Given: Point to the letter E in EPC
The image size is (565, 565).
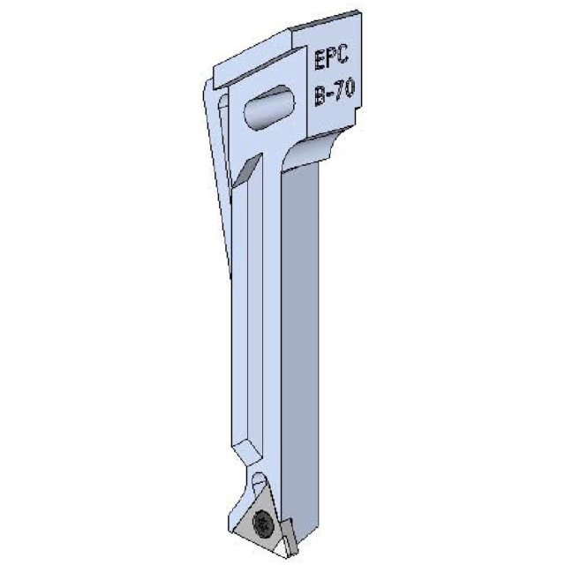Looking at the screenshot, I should coord(320,62).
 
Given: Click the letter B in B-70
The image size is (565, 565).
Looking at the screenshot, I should coord(320,94).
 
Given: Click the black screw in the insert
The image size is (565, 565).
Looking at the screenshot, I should coord(262,524).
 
